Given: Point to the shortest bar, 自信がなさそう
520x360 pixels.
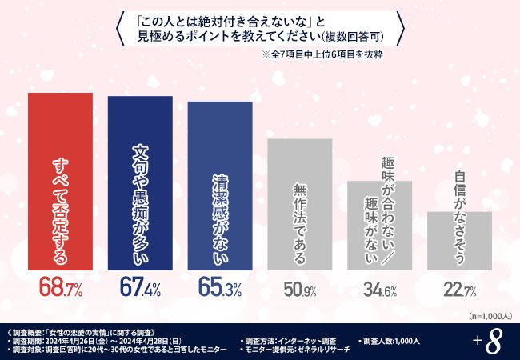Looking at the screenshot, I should (x=459, y=240).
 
